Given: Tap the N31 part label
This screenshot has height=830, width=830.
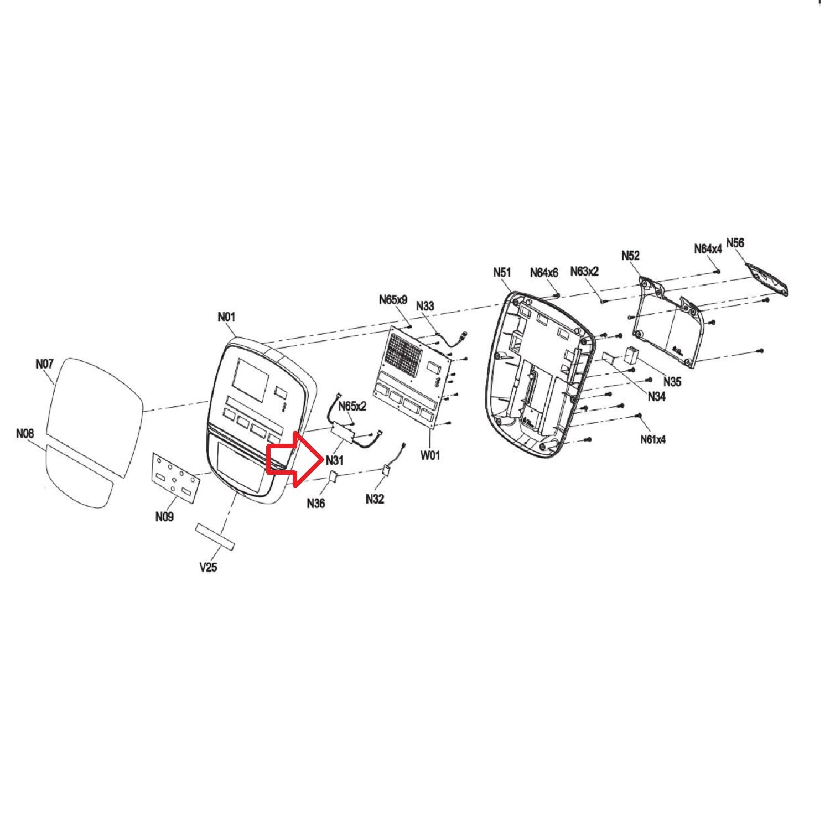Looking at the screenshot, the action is click(335, 460).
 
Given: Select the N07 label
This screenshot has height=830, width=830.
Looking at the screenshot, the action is click(44, 364).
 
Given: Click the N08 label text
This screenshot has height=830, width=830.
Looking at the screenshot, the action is click(25, 433).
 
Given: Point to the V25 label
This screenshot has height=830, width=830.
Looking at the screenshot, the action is click(208, 567).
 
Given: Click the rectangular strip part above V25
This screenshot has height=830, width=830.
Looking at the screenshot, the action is click(215, 537).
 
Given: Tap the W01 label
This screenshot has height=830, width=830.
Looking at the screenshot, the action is click(430, 455).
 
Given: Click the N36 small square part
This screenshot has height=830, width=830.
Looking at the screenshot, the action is click(334, 476).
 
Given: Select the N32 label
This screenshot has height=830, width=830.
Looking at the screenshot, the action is click(375, 499).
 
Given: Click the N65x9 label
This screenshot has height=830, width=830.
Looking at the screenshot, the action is click(393, 299).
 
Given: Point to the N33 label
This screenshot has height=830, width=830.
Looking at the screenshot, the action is click(426, 306).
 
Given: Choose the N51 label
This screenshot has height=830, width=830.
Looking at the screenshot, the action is click(502, 272).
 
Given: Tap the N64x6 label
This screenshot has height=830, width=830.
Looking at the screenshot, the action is click(544, 272).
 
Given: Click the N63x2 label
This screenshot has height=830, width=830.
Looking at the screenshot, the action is click(584, 271).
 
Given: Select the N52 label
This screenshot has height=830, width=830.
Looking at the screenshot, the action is click(630, 255).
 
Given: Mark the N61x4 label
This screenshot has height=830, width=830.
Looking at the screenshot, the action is click(653, 439).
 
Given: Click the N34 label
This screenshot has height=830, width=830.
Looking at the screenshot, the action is click(656, 396).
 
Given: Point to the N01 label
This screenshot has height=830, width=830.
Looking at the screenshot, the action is click(226, 317).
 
